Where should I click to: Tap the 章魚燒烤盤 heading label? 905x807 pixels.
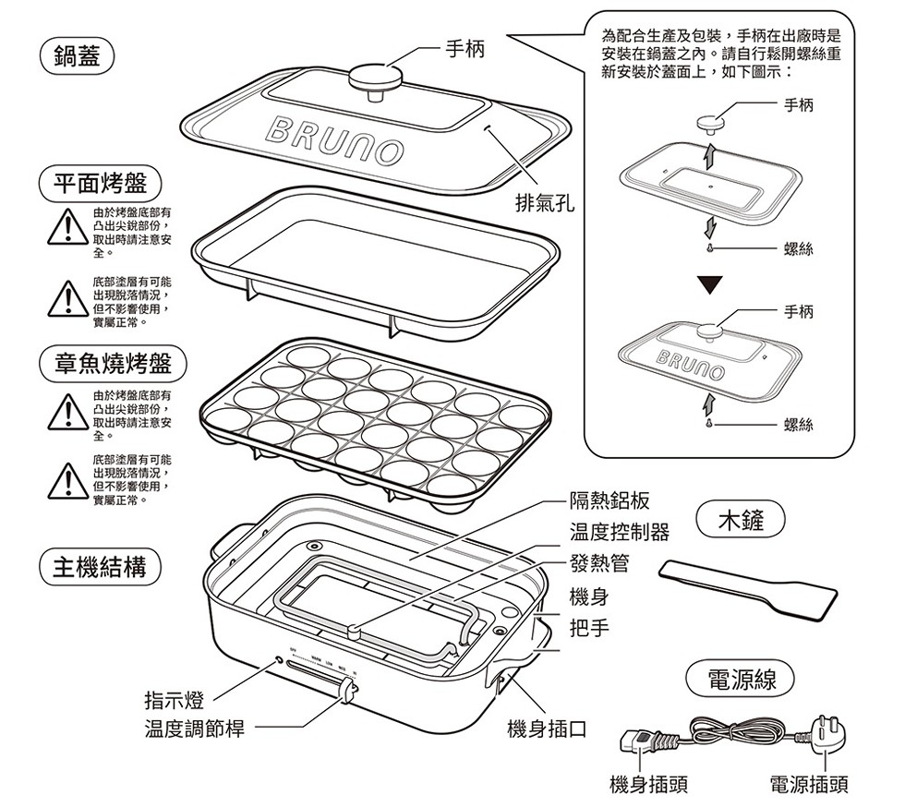[x=112, y=364]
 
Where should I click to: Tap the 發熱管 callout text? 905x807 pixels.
[x=599, y=563]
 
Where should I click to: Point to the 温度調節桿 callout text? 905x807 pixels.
[x=194, y=729]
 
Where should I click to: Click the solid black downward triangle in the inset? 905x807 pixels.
[x=708, y=284]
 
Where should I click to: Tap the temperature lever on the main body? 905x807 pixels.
[x=348, y=689]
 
